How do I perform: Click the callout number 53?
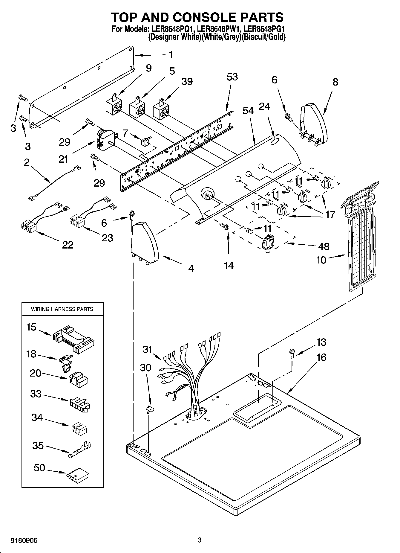click(232, 77)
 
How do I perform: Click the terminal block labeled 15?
click(73, 340)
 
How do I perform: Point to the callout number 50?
click(39, 468)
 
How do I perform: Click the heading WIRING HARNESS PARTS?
click(62, 309)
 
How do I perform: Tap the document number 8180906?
click(24, 540)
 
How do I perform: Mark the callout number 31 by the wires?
click(148, 349)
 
